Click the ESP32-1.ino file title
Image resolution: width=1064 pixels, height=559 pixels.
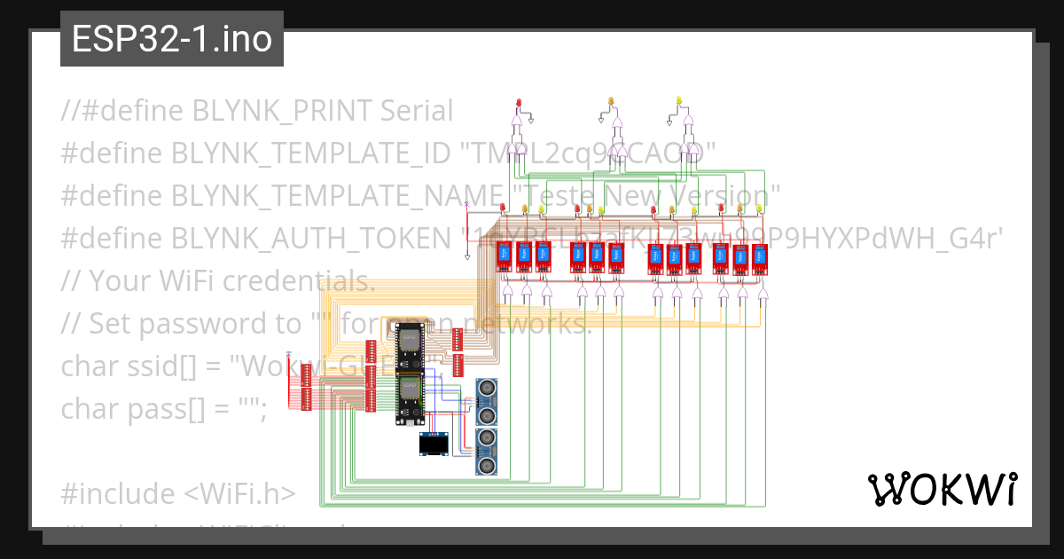[x=171, y=40]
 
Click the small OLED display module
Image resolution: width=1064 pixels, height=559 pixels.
[x=434, y=445]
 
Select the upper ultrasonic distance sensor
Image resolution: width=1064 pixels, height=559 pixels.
[x=486, y=401]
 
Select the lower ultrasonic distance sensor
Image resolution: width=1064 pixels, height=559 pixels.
[x=486, y=451]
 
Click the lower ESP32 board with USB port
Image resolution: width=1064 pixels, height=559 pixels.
[x=410, y=398]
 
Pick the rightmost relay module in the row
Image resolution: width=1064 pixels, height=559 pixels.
[x=759, y=256]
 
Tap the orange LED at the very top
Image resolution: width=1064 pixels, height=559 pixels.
[x=611, y=101]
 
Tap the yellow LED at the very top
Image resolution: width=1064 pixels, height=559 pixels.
[x=679, y=101]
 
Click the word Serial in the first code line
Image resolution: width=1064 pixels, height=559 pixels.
[x=417, y=111]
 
